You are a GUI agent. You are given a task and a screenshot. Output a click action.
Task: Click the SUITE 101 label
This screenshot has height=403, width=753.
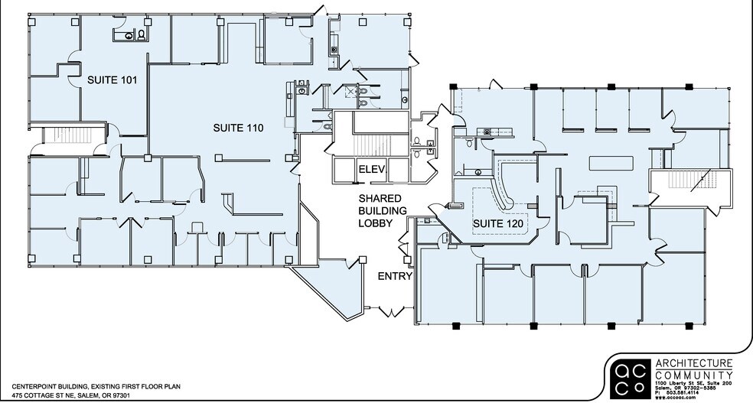pos(112,80)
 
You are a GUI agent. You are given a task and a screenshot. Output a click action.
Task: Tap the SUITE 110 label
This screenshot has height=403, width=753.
pos(238,128)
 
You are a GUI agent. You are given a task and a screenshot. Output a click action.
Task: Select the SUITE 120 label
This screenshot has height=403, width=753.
pos(498,223)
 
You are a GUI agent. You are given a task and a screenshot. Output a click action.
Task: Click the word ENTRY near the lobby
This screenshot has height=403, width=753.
pos(395,276)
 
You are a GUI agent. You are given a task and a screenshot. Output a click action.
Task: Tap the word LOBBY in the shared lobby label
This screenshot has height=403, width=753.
pos(376,223)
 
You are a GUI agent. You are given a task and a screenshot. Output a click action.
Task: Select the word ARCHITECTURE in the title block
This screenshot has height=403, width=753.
pos(693,364)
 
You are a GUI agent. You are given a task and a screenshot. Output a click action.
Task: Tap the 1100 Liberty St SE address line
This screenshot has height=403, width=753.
pos(693,382)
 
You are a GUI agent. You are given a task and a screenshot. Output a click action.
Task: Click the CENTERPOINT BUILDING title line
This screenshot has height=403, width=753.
pos(96,387)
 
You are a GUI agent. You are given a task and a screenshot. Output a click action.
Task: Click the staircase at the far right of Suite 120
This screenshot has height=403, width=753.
pos(679,182)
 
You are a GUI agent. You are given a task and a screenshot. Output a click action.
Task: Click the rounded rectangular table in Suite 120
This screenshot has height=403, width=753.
pos(610,164)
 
